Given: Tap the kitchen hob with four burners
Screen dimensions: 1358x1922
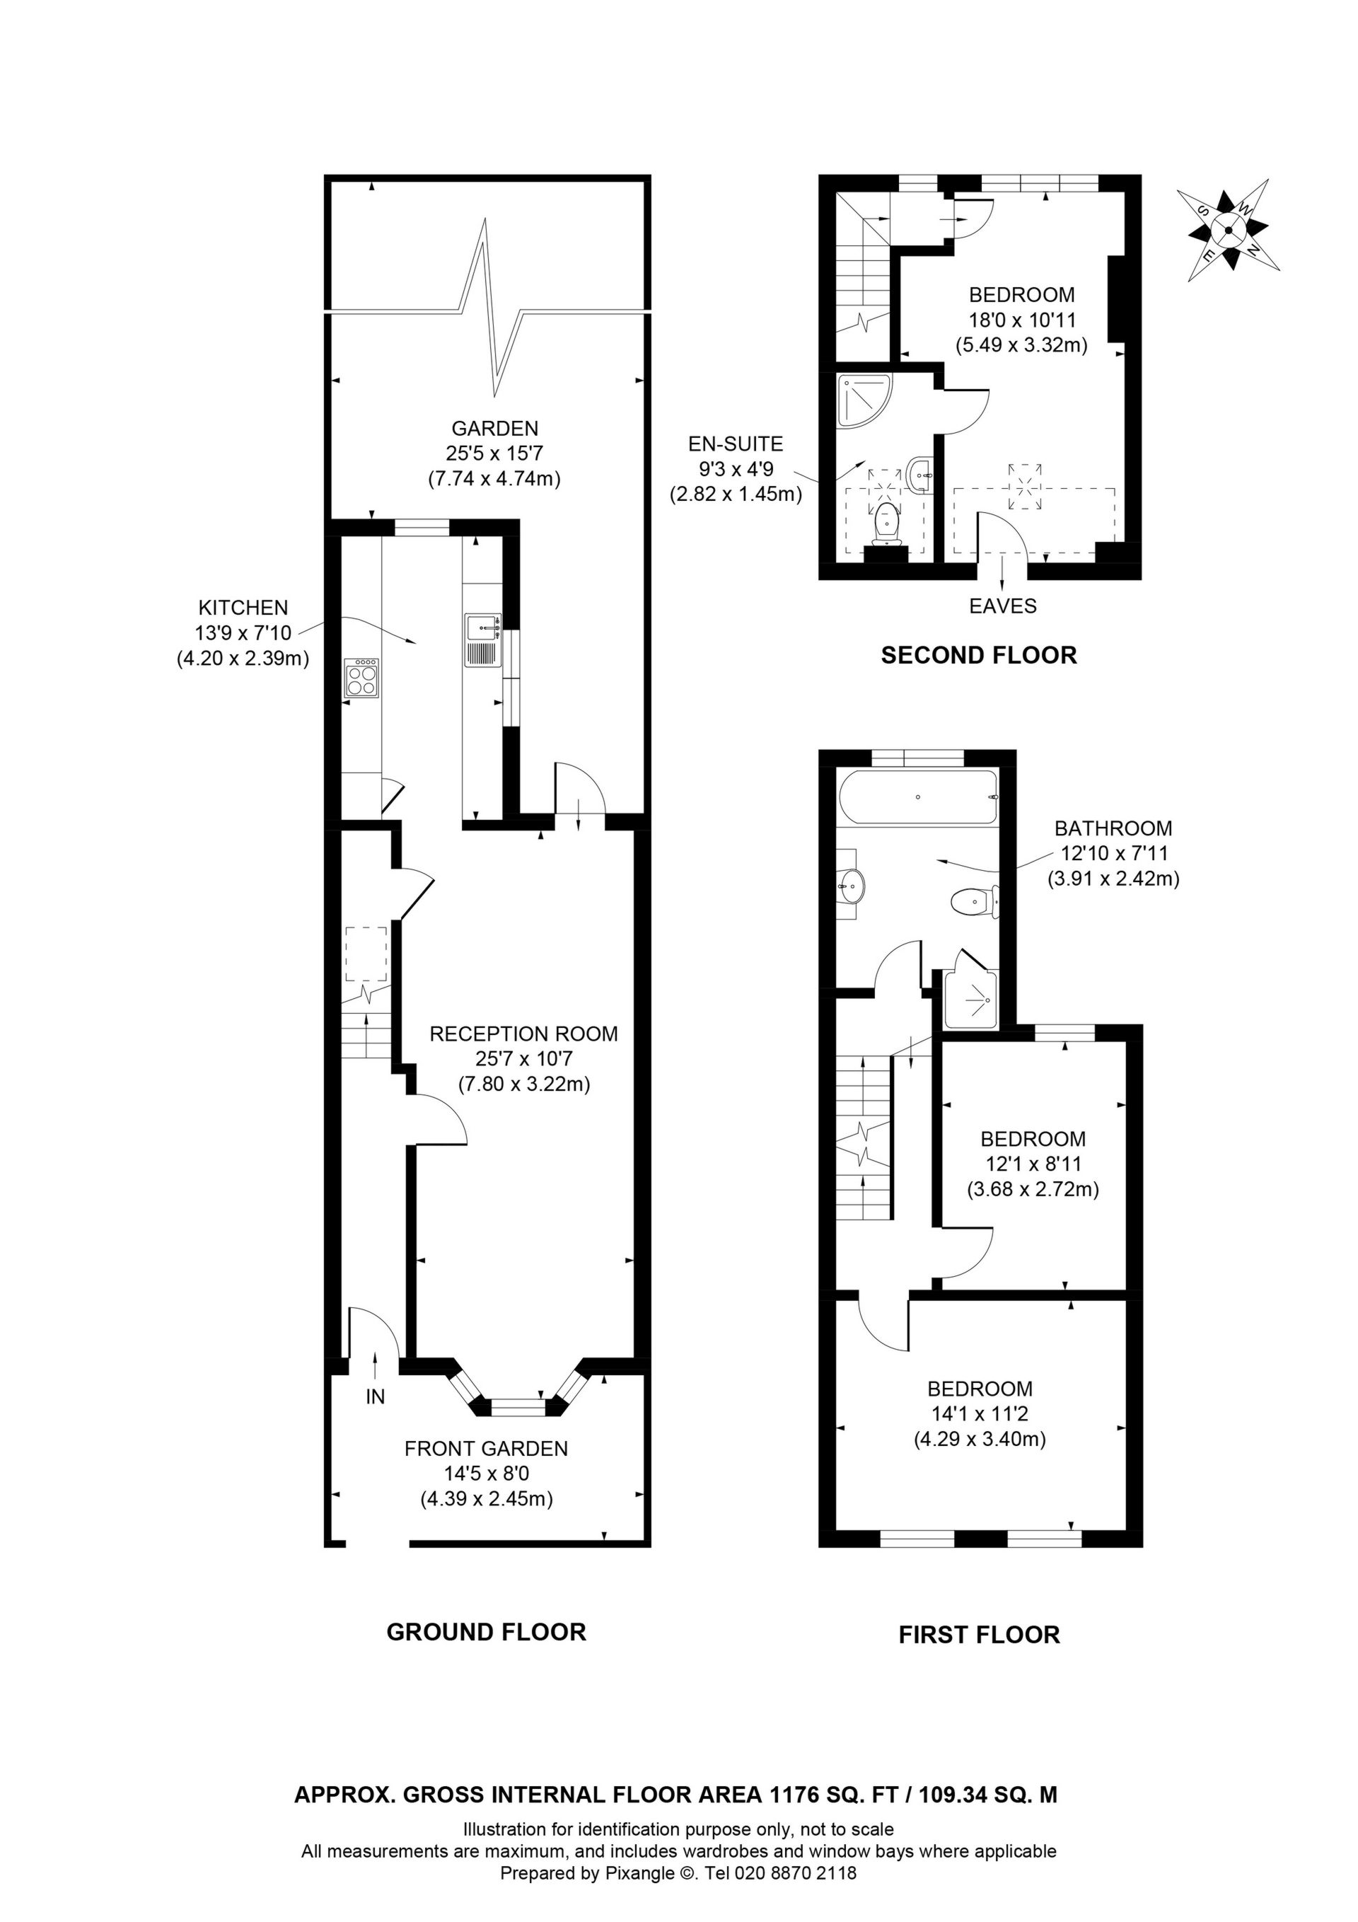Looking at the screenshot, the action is (361, 678).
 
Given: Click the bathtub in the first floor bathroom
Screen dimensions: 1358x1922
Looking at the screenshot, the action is (919, 797).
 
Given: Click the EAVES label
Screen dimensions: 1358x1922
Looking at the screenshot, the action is (1002, 606).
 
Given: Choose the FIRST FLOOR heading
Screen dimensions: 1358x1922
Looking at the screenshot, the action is (979, 1635).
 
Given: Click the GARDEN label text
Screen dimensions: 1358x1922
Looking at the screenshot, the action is (495, 429).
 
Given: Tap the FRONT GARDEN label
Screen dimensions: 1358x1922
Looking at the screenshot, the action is (486, 1448).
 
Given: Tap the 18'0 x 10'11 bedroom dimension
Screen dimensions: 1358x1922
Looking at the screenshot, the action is (1021, 320).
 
